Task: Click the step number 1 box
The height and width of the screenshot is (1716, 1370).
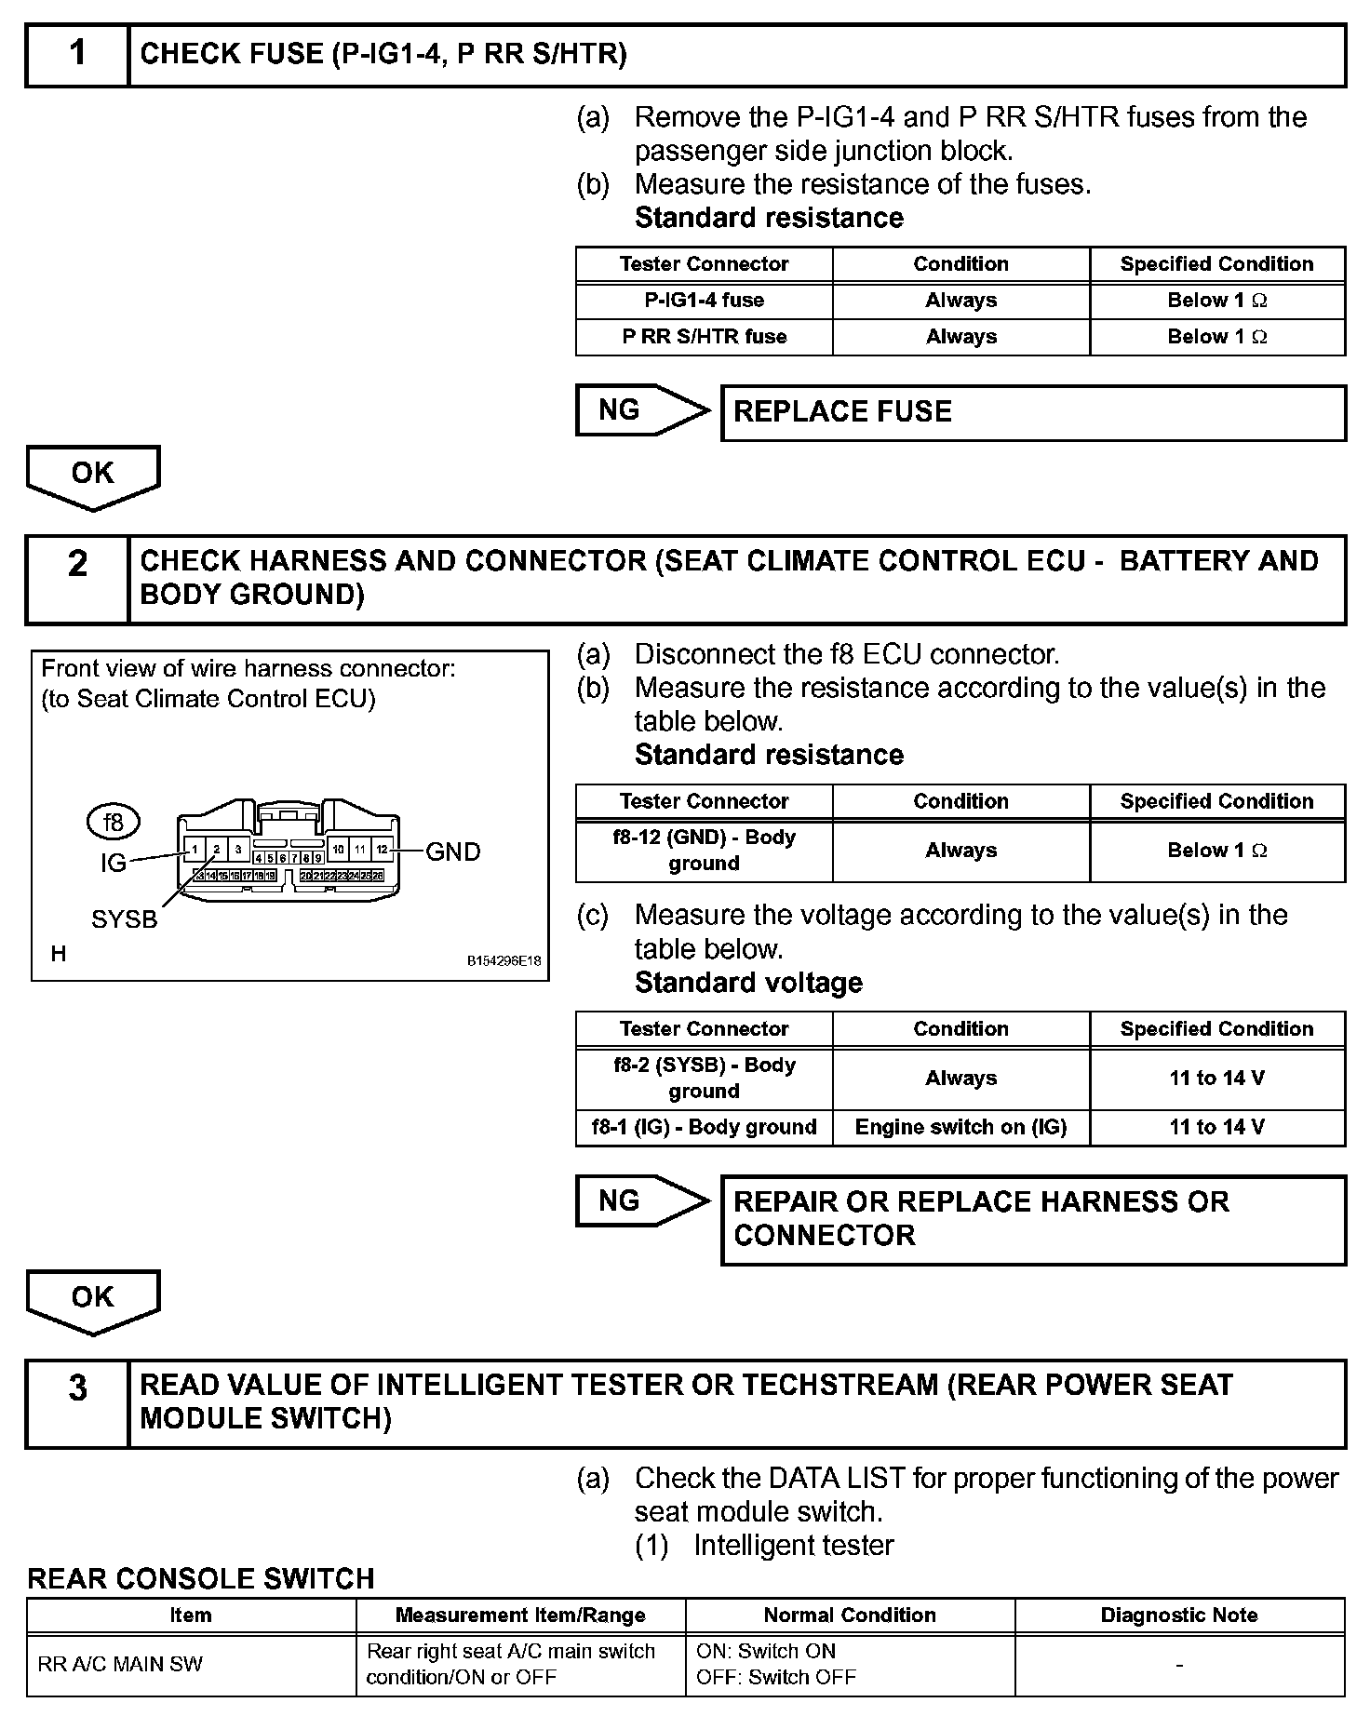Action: point(77,55)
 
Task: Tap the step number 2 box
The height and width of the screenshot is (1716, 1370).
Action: point(77,579)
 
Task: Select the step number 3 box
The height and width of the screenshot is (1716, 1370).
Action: point(77,1402)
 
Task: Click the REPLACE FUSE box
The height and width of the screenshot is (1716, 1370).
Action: point(1033,412)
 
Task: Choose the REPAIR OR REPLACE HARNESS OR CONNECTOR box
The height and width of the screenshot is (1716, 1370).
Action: point(1033,1219)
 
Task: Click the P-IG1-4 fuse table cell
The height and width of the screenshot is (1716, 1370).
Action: point(704,301)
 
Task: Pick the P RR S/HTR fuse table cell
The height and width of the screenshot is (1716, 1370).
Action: point(704,337)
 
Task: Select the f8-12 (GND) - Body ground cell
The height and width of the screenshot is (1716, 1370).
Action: point(704,851)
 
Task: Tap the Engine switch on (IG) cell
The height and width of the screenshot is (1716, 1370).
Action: point(960,1128)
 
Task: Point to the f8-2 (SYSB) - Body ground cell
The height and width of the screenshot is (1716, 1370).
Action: point(704,1079)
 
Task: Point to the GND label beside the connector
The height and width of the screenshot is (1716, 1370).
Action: point(453,851)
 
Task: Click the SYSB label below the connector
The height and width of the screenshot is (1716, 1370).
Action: point(125,919)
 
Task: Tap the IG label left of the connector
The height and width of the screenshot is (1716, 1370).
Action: point(113,864)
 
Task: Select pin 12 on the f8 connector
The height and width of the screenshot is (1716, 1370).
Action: point(382,850)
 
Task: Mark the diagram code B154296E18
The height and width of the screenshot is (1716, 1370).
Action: point(504,961)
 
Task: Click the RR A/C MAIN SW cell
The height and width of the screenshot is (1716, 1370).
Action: point(191,1664)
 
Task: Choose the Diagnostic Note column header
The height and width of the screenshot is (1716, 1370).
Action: point(1179,1615)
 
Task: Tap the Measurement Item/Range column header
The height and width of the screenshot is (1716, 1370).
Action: point(520,1615)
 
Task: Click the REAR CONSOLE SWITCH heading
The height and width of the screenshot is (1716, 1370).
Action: point(201,1578)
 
